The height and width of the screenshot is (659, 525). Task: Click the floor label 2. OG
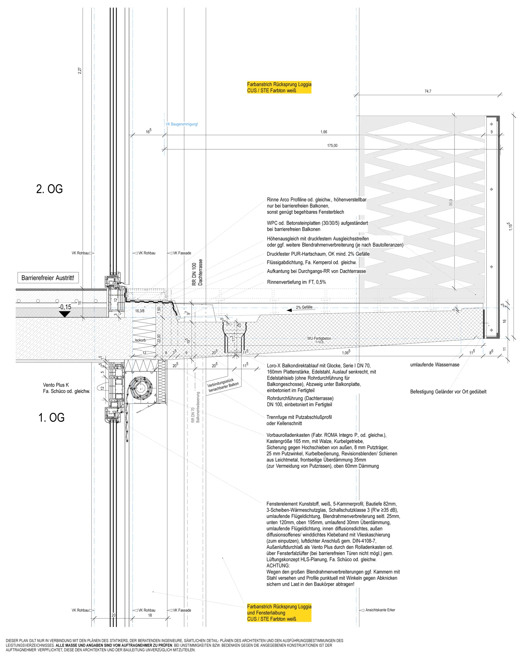pyautogui.click(x=49, y=189)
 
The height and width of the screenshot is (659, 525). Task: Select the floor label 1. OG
pyautogui.click(x=51, y=418)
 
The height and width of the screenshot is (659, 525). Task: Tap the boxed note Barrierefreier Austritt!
pyautogui.click(x=48, y=278)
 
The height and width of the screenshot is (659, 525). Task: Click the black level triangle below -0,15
pyautogui.click(x=65, y=314)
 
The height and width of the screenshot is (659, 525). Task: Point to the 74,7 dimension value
pyautogui.click(x=428, y=91)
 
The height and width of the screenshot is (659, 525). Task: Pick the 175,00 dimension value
pyautogui.click(x=332, y=146)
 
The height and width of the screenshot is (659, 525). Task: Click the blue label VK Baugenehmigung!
pyautogui.click(x=182, y=124)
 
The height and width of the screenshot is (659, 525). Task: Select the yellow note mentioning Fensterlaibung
pyautogui.click(x=279, y=613)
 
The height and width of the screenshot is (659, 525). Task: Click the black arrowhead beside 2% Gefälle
pyautogui.click(x=290, y=310)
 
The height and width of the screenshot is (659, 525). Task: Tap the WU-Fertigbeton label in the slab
pyautogui.click(x=319, y=338)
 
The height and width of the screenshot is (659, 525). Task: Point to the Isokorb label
pyautogui.click(x=140, y=340)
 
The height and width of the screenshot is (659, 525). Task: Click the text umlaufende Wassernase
pyautogui.click(x=434, y=365)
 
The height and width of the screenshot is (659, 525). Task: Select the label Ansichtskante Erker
pyautogui.click(x=380, y=610)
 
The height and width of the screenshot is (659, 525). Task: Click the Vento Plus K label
pyautogui.click(x=56, y=385)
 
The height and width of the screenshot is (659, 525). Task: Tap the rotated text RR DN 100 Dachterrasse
pyautogui.click(x=197, y=272)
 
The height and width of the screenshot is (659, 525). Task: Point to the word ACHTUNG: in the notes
pyautogui.click(x=278, y=566)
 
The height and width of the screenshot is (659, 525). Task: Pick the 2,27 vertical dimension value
pyautogui.click(x=80, y=71)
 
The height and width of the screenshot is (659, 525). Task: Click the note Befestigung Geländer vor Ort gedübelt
pyautogui.click(x=448, y=392)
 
